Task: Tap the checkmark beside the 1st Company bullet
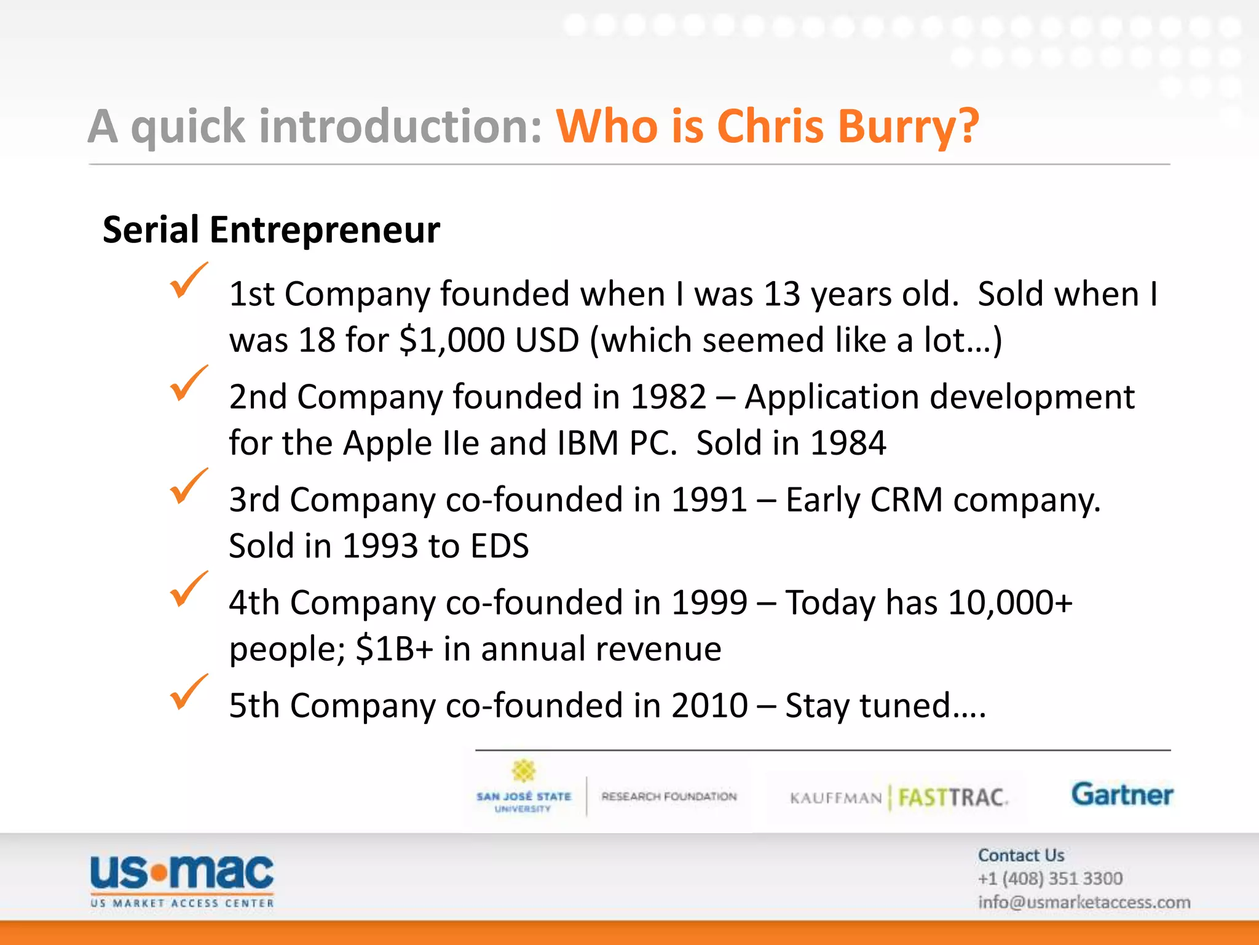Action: coord(188,281)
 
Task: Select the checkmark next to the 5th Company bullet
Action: coord(188,693)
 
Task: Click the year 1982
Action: coord(669,397)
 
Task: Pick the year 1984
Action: coord(848,443)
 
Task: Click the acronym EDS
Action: coord(499,546)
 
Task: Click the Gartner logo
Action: coord(1122,795)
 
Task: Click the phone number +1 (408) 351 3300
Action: coord(1050,879)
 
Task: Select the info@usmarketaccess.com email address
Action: coord(1084,903)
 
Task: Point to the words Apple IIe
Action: coord(411,443)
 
